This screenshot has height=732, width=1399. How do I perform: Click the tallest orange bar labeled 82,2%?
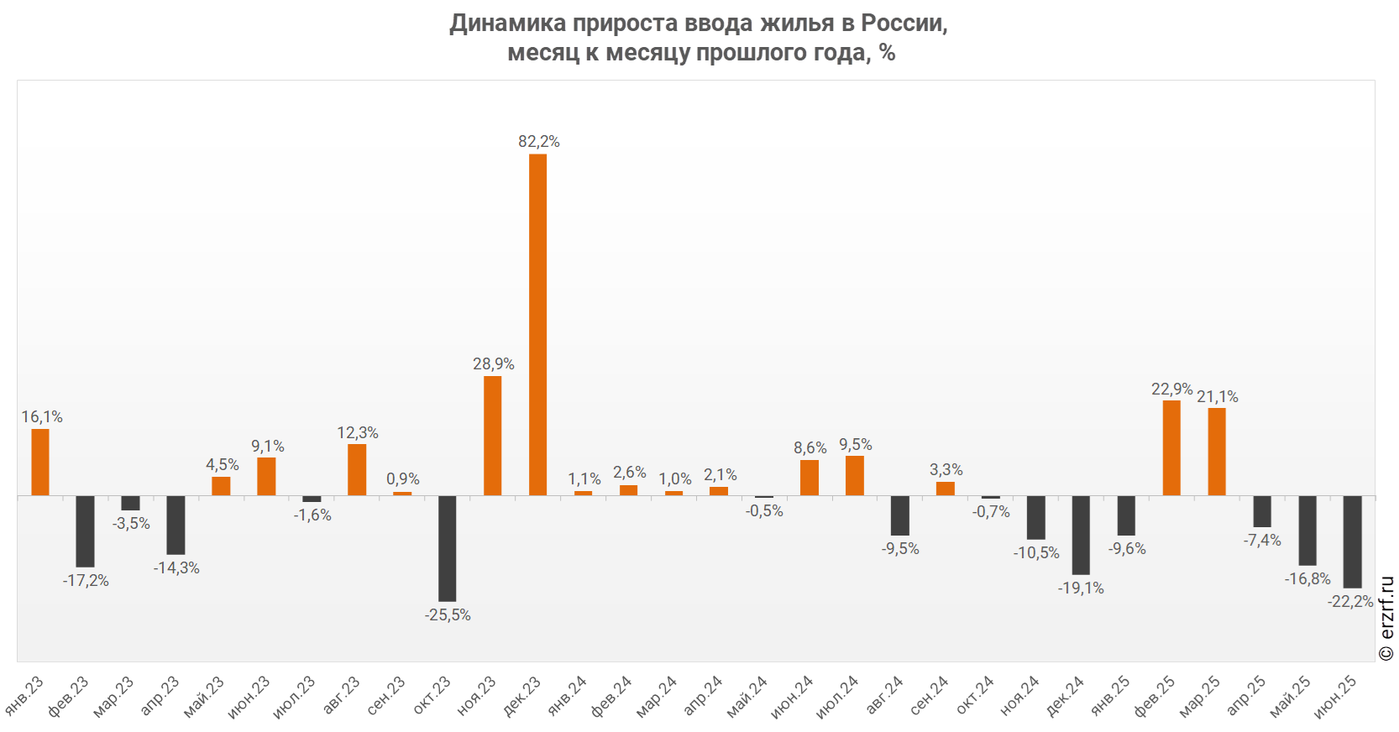coord(537,324)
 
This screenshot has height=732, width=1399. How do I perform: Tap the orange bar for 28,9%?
coord(493,436)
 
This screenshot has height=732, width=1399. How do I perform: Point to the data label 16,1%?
coord(42,417)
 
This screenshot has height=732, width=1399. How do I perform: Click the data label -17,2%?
coord(86,581)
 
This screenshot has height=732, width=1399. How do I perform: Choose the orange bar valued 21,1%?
coord(1217,452)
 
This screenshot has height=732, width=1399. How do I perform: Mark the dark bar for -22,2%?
coord(1352,541)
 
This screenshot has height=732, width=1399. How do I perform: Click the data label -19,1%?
coord(1081,588)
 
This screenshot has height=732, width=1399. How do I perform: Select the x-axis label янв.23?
coord(24,696)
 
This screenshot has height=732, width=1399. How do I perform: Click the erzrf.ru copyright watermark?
coord(1386,618)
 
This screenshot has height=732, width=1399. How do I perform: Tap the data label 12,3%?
coord(358,433)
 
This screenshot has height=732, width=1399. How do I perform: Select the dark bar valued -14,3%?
coord(176,525)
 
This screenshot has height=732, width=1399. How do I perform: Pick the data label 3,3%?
coord(946,470)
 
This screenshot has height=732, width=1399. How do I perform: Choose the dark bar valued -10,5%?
coord(1036,517)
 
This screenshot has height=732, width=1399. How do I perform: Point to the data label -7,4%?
coord(1262,541)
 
